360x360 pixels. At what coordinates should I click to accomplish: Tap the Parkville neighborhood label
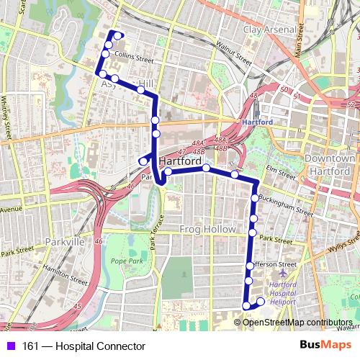65,242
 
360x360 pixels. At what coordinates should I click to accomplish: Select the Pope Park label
127,261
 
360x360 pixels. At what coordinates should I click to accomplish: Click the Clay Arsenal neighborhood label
269,30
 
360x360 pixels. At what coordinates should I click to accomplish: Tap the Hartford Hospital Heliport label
283,293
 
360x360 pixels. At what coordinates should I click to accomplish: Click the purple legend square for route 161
10,346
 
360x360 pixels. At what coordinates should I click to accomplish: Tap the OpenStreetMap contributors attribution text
297,322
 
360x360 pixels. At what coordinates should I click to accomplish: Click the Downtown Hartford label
330,164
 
